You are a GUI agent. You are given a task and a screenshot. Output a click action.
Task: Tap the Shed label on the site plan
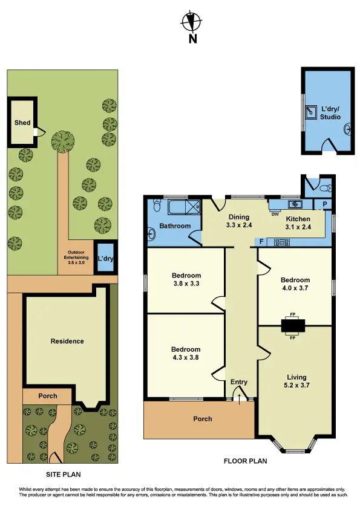pyautogui.click(x=22, y=123)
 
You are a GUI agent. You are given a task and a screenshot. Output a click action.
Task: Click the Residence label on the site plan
pyautogui.click(x=67, y=341)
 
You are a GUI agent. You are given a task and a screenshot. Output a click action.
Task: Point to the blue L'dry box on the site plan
pyautogui.click(x=106, y=260)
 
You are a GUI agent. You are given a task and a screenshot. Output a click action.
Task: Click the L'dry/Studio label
pyautogui.click(x=330, y=113)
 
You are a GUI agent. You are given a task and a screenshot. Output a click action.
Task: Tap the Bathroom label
pyautogui.click(x=175, y=226)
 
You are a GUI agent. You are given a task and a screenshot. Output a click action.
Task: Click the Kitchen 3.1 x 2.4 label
pyautogui.click(x=298, y=222)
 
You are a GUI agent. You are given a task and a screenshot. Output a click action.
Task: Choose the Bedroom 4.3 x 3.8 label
pyautogui.click(x=185, y=353)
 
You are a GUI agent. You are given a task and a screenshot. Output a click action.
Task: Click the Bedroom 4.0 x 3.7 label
pyautogui.click(x=295, y=284)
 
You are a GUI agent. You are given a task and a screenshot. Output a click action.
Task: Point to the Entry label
pyautogui.click(x=239, y=382)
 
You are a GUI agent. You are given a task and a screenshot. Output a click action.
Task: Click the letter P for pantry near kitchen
pyautogui.click(x=325, y=205)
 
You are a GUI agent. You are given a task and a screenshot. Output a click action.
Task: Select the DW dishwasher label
pyautogui.click(x=275, y=213)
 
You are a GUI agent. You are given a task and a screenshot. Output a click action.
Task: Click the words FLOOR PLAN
pyautogui.click(x=245, y=461)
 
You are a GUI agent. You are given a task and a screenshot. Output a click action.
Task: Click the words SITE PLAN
pyautogui.click(x=63, y=475)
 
